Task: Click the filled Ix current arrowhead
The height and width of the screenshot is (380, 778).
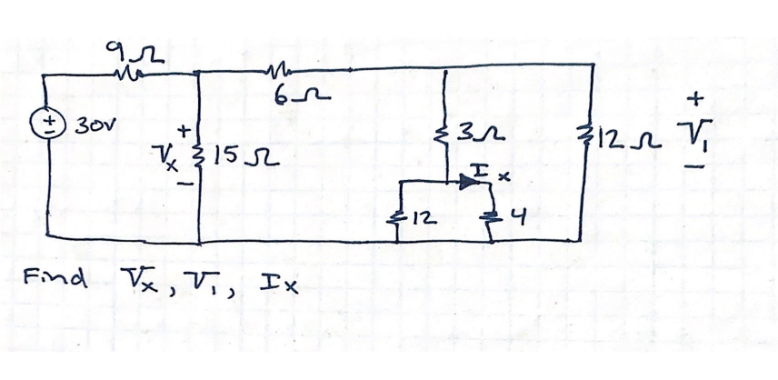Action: pos(470,182)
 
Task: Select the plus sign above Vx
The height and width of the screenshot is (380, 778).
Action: pos(186,134)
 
